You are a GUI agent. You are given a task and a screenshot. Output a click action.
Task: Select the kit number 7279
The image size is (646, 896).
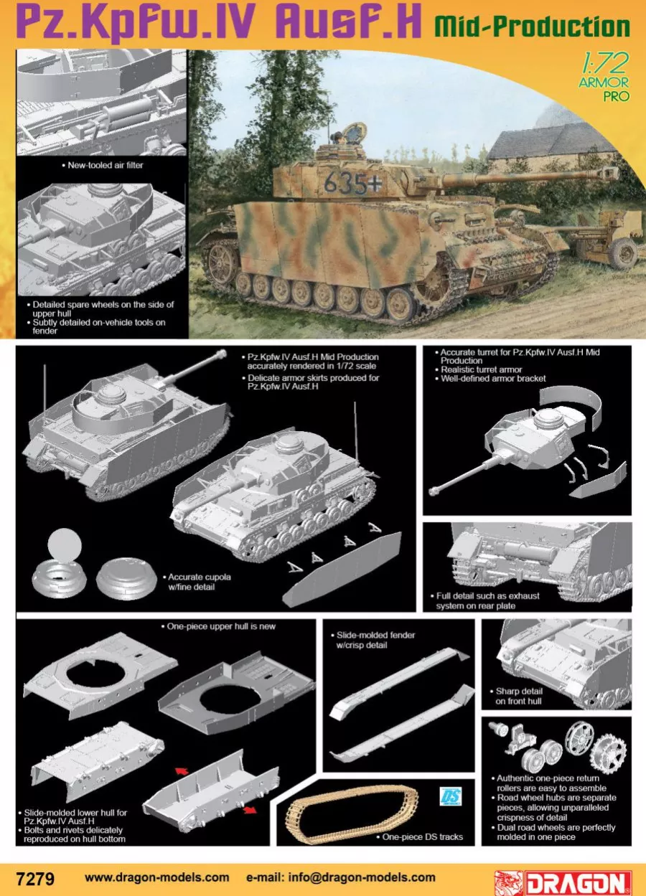pyautogui.click(x=34, y=877)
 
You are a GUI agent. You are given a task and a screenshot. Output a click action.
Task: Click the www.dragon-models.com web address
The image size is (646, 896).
pyautogui.click(x=157, y=877)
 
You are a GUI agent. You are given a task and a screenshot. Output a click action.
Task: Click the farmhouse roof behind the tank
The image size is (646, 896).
pyautogui.click(x=549, y=140)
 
